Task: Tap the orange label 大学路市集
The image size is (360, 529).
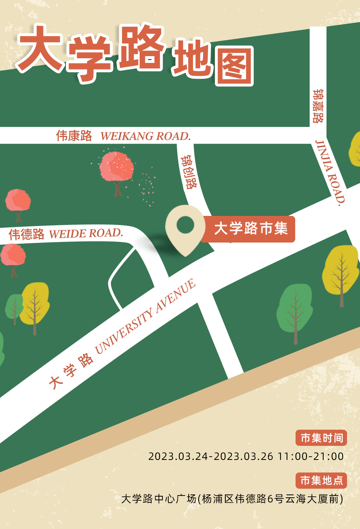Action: tap(251, 229)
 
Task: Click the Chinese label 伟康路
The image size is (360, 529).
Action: tap(74, 136)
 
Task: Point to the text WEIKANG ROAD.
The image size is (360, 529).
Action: tap(145, 136)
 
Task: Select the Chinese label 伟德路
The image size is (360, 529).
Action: tap(27, 234)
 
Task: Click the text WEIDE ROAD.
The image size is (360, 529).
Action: tap(86, 233)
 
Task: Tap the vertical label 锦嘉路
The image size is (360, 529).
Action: tap(318, 106)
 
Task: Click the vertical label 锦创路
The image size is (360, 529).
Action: tap(189, 172)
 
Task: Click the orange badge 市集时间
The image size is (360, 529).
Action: tap(321, 438)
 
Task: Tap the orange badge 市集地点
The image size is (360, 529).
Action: tap(321, 480)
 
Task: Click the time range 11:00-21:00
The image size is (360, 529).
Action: tap(310, 456)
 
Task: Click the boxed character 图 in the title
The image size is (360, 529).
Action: tap(234, 67)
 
